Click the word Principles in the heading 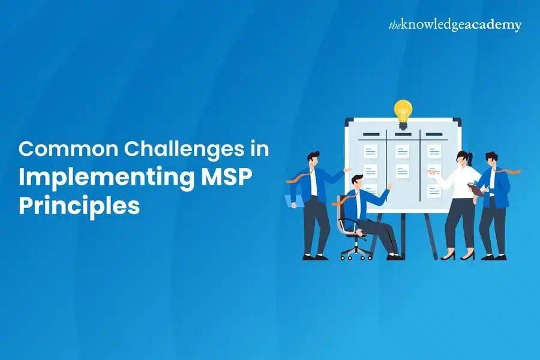click(x=79, y=206)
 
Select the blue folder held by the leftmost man click(x=295, y=201)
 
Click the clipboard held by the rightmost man click(x=476, y=189)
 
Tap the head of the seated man click(x=357, y=182)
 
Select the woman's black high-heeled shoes click(x=458, y=256)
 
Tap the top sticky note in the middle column click(x=402, y=152)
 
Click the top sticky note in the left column click(x=370, y=152)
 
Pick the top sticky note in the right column click(x=434, y=152)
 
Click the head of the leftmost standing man click(x=313, y=160)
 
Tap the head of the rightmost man click(x=491, y=160)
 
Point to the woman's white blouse click(x=460, y=182)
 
